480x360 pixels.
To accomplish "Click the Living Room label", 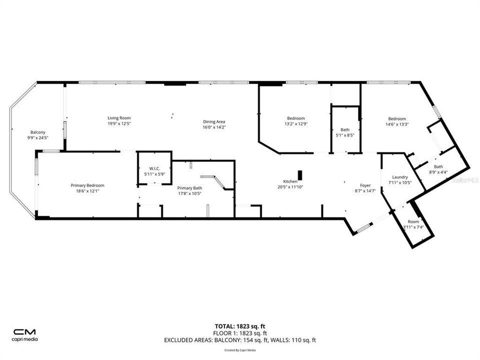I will coord(118,117).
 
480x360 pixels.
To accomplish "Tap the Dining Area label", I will coord(214,121).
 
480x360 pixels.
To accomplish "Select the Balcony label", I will coord(37,132).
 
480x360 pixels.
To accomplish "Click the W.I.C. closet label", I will coord(154,168).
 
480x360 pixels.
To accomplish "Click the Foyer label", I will coord(365,185).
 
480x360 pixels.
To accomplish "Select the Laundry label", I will coord(400,177).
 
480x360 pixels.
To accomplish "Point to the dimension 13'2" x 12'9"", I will coord(295,124).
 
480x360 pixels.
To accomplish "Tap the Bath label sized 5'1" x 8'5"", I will coord(345,129).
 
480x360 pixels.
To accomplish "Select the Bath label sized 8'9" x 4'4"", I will coord(438,167).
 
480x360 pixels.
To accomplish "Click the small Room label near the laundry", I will coord(413,221).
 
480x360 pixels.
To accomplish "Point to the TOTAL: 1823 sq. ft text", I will coord(239,326).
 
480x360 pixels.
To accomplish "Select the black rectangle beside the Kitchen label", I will coord(300,175).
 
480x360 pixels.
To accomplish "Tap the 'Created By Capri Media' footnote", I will coord(239,350).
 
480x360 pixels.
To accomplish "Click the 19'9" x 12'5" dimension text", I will coord(118,124).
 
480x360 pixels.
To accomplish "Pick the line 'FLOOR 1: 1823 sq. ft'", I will coord(239,333).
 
